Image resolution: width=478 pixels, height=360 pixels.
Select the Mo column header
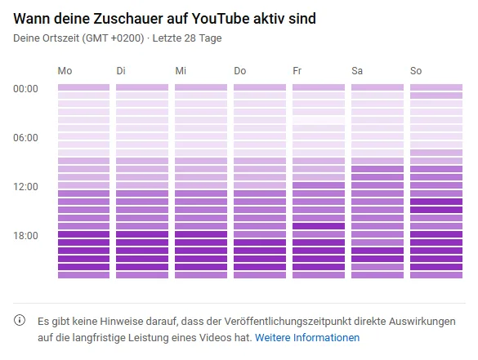(x=65, y=71)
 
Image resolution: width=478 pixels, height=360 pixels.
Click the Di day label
(x=122, y=71)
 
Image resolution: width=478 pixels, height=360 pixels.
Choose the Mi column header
(x=181, y=71)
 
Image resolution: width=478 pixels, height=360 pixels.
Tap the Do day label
(x=239, y=71)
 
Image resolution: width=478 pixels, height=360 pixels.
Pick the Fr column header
(x=297, y=71)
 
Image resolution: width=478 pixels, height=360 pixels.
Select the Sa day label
(x=357, y=71)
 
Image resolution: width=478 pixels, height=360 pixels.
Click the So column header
(x=416, y=71)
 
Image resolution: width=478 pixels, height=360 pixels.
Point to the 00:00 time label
(x=26, y=88)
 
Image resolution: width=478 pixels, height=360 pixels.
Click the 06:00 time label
(x=26, y=137)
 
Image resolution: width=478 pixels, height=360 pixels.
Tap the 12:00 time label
(x=26, y=186)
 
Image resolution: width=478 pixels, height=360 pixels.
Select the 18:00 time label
(x=26, y=235)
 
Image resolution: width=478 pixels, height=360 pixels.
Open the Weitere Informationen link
(x=307, y=337)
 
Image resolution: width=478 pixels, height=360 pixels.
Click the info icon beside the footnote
(x=20, y=321)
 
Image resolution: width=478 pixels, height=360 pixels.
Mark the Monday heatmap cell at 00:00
(x=83, y=87)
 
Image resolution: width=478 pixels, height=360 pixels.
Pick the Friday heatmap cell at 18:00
(x=319, y=234)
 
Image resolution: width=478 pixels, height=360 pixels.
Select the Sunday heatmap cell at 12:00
(x=436, y=185)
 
